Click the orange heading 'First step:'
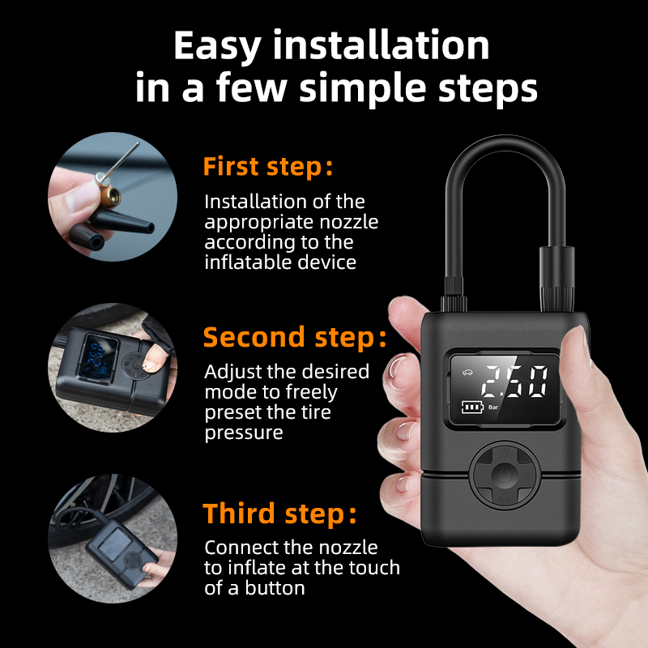[268, 167]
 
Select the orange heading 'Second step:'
[295, 337]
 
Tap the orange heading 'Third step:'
[279, 514]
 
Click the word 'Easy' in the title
[217, 46]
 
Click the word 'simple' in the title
[362, 87]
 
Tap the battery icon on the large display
[472, 407]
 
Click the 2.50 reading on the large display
[515, 382]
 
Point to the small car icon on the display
[467, 373]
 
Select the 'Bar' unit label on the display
[493, 407]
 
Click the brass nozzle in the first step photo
[109, 197]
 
